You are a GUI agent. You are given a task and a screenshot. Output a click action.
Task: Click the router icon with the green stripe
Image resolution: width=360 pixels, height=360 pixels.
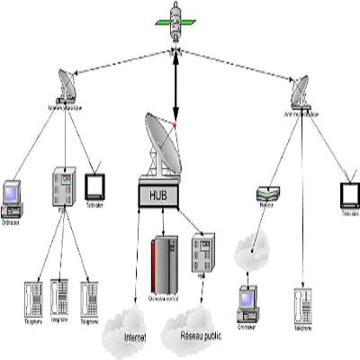click(x=264, y=193)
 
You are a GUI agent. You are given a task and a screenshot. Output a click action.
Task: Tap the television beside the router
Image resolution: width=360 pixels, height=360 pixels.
click(x=349, y=196)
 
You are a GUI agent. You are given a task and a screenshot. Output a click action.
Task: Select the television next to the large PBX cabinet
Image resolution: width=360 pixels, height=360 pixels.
click(x=95, y=185)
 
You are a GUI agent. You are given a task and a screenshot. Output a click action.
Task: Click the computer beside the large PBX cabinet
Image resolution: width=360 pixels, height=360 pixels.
click(x=12, y=193)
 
